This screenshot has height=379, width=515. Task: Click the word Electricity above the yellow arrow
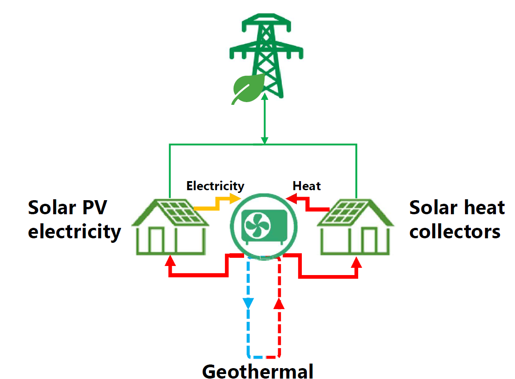pyautogui.click(x=215, y=186)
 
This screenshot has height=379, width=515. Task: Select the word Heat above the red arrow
pyautogui.click(x=306, y=186)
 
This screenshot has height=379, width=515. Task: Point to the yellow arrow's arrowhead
pyautogui.click(x=236, y=198)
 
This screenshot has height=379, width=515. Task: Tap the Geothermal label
pyautogui.click(x=258, y=371)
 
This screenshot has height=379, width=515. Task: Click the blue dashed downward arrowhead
pyautogui.click(x=248, y=303)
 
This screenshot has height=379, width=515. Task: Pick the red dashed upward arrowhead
pyautogui.click(x=280, y=303)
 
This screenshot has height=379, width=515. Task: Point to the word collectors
pyautogui.click(x=455, y=231)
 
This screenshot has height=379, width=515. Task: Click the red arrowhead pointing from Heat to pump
pyautogui.click(x=291, y=198)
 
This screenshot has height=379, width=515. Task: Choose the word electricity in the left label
pyautogui.click(x=75, y=231)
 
